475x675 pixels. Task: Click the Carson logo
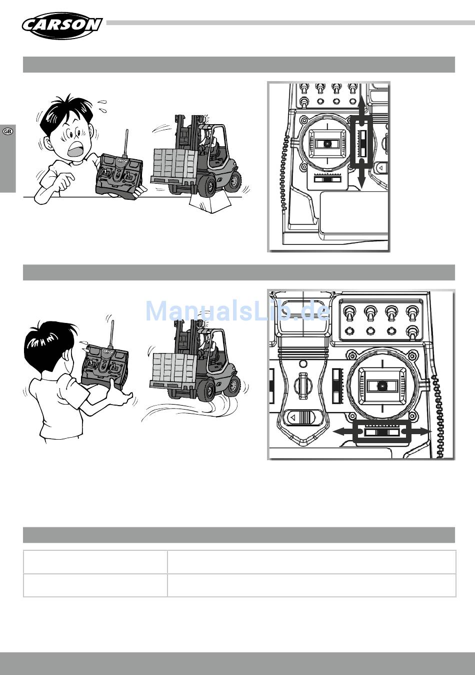(61, 26)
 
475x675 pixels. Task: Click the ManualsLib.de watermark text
(237, 311)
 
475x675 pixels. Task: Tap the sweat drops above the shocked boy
(103, 106)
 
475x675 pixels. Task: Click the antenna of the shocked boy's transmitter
(127, 143)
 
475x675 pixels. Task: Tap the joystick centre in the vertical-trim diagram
(327, 144)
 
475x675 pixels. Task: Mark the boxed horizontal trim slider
(381, 432)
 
